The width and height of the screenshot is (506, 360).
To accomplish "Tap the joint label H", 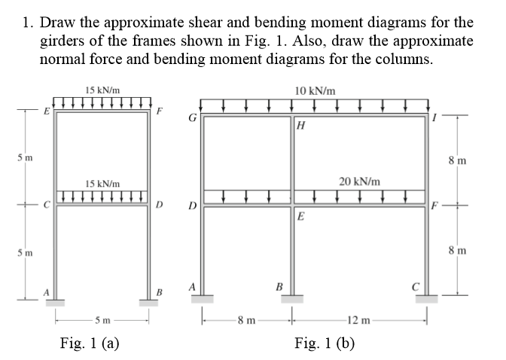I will (x=300, y=125).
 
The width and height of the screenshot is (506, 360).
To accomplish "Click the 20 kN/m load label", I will (x=359, y=182).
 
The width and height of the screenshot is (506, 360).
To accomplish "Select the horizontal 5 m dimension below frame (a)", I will (x=102, y=321).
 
